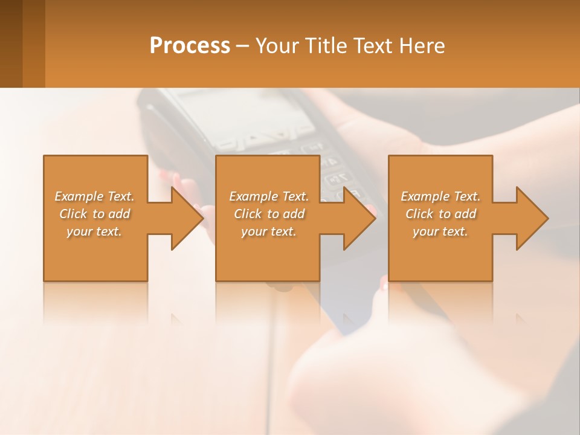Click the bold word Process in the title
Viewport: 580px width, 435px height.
[x=190, y=46]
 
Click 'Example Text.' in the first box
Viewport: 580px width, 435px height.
[x=94, y=196]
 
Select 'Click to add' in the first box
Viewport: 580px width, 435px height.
[x=94, y=214]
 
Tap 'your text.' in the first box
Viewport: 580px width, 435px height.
[x=94, y=231]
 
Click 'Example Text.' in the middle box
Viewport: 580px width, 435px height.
[x=269, y=196]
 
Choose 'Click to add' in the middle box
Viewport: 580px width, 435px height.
[x=269, y=214]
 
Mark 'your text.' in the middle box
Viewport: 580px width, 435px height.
[x=269, y=231]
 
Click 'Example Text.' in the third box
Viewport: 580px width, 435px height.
[x=440, y=196]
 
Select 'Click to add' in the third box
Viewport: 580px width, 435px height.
[x=440, y=214]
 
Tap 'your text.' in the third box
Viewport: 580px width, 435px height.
[x=440, y=231]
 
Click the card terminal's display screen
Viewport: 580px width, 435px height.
[x=248, y=112]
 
